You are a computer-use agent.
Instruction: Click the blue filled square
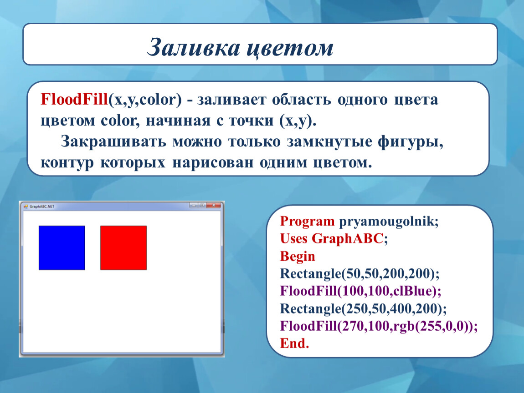pos(62,247)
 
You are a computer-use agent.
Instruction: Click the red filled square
pos(123,247)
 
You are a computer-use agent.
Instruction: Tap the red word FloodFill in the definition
pos(74,100)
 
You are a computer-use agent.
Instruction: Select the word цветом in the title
pos(290,49)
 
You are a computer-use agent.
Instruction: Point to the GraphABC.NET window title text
pos(42,207)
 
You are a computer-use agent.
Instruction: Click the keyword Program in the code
pos(307,222)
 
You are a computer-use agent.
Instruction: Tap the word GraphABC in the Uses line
pos(347,238)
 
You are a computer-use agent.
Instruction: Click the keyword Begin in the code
pos(298,256)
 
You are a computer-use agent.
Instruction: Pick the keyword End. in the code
pos(294,343)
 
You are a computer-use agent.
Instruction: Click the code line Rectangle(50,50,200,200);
pos(360,273)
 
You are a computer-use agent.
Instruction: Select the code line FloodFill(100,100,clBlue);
pos(360,291)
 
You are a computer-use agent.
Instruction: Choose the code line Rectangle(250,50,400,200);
pos(363,308)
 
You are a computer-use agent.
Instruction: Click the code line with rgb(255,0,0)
pos(379,326)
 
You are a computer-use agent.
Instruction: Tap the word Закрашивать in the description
pos(113,141)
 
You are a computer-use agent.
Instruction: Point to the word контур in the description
pos(67,163)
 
